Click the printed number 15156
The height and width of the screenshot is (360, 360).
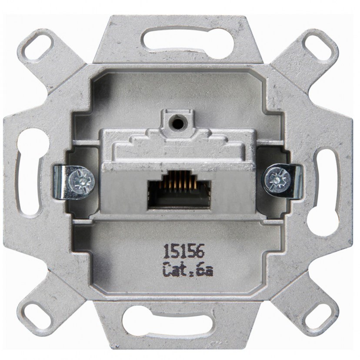click(183, 251)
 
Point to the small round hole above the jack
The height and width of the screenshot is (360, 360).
click(178, 124)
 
